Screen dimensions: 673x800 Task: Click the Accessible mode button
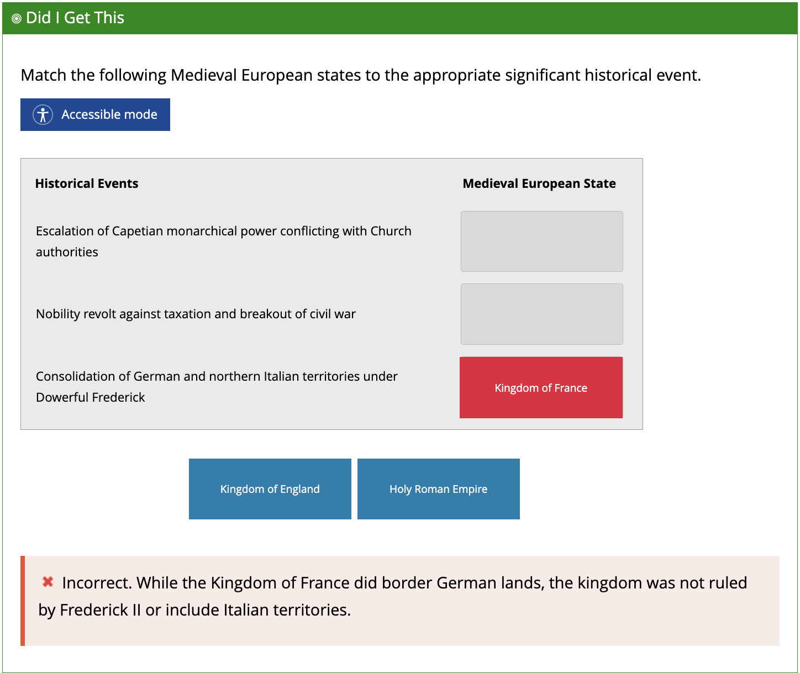(x=95, y=114)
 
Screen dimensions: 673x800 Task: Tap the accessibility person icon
(x=43, y=114)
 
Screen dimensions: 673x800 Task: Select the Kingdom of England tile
(x=270, y=489)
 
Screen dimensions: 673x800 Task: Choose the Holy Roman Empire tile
(x=438, y=489)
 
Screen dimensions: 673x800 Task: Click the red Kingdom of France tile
(x=541, y=387)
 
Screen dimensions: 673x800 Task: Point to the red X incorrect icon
(x=48, y=582)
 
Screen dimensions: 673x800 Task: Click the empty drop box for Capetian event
(x=541, y=241)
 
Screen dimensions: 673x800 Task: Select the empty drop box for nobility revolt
(x=541, y=314)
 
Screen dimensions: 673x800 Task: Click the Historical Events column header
(x=87, y=183)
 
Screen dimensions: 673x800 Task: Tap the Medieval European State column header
(x=539, y=183)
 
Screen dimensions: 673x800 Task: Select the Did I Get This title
(x=75, y=18)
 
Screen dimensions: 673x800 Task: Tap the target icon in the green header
(x=17, y=18)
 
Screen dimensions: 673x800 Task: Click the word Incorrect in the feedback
(x=97, y=583)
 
